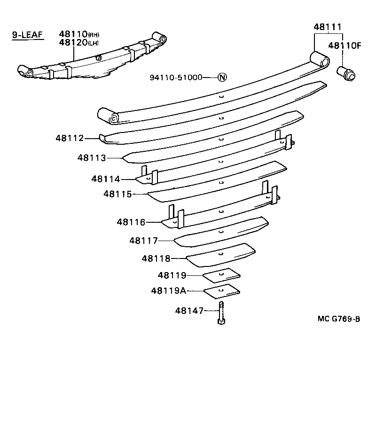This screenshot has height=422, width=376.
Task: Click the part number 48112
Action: coord(70,138)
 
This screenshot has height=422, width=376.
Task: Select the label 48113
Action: coord(92,158)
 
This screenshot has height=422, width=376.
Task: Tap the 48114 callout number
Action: coord(106,179)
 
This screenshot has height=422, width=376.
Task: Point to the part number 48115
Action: coord(118,194)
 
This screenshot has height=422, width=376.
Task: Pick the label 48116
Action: coord(131,222)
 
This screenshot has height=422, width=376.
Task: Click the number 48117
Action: coord(143,241)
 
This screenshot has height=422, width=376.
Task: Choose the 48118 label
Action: coord(156,258)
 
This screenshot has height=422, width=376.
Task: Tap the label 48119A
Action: coord(168,291)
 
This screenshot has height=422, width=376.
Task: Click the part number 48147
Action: coord(189,311)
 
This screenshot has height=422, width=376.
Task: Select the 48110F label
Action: coord(345,46)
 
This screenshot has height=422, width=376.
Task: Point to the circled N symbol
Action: coord(222,78)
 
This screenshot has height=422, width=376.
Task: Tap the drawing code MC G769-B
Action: coord(338,319)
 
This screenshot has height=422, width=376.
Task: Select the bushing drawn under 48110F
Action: coord(347,74)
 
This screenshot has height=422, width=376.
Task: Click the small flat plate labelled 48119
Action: coord(221,274)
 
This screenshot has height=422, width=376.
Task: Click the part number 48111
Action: coord(328,27)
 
